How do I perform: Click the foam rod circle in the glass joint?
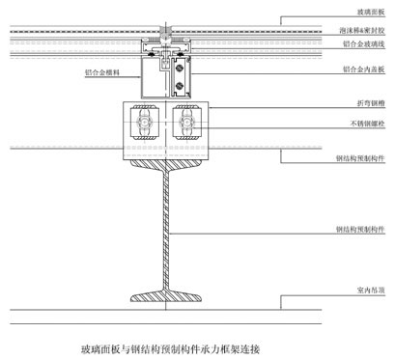(x=167, y=32)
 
